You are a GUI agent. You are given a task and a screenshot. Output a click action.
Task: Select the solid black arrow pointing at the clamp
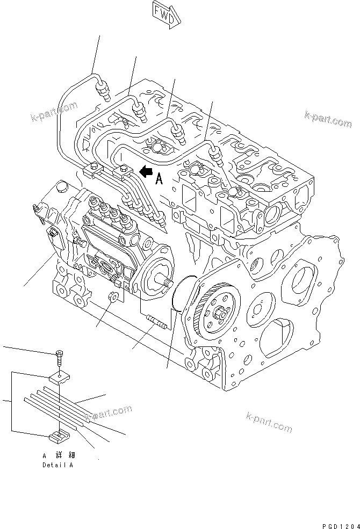tap(145, 171)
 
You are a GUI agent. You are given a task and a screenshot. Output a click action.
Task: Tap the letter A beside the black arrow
tap(159, 179)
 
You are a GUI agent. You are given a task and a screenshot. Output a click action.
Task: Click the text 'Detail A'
tap(57, 465)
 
